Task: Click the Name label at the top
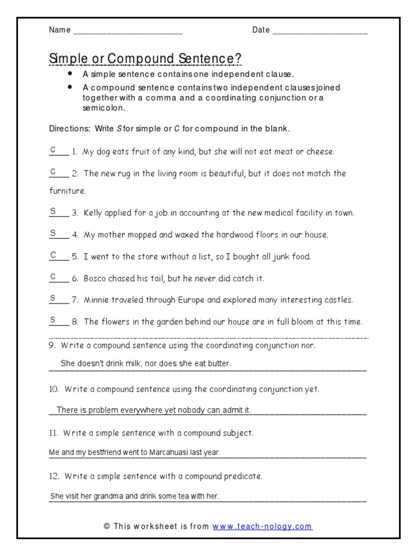(x=60, y=30)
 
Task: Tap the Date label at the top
(x=261, y=30)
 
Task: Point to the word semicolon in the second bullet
(x=104, y=108)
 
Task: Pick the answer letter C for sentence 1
(x=53, y=149)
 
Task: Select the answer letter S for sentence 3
(x=53, y=211)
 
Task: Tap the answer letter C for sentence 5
(x=53, y=254)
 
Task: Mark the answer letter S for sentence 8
(x=53, y=319)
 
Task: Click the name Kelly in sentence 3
(x=94, y=213)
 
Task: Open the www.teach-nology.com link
(x=262, y=526)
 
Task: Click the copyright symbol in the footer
(x=106, y=526)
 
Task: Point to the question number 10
(x=54, y=389)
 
